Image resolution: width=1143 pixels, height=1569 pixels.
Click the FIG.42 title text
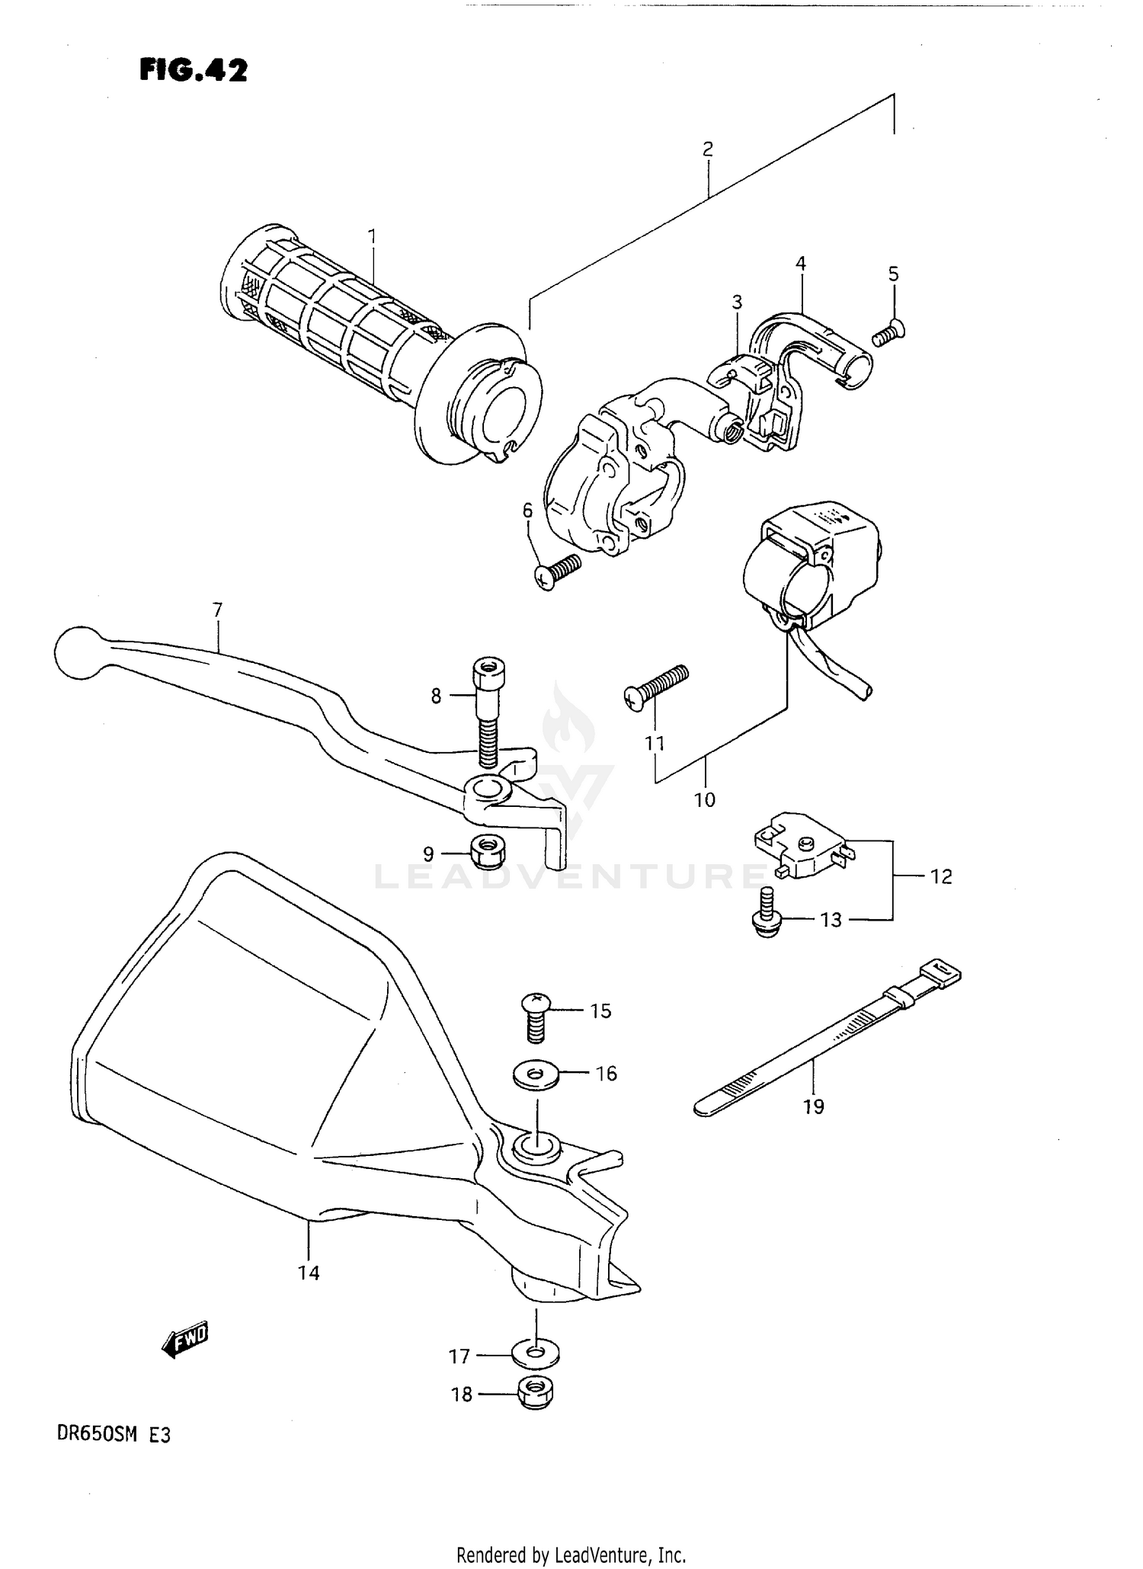pos(194,71)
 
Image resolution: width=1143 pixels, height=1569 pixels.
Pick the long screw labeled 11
pos(655,685)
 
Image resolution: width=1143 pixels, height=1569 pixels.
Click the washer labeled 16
pos(536,1075)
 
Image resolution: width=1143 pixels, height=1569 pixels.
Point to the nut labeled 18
pos(536,1394)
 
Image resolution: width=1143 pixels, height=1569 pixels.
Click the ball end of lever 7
pos(78,652)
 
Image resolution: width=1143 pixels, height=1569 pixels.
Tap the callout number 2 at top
pos(707,149)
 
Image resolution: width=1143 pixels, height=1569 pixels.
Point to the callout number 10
pos(704,799)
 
